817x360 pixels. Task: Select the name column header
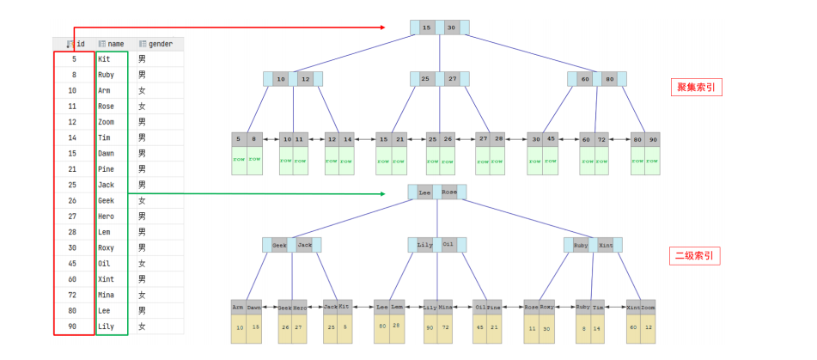coord(115,44)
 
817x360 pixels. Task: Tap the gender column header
coord(160,44)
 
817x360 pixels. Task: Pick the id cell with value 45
coord(73,264)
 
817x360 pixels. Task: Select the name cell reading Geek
coord(107,201)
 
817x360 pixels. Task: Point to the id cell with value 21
coord(73,169)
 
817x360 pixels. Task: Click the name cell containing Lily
coord(107,326)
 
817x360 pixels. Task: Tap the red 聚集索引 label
coord(695,88)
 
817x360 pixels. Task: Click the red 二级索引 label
coord(695,256)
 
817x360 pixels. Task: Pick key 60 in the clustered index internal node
coord(585,79)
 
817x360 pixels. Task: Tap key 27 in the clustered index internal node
coord(451,79)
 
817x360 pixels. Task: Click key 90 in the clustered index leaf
coord(653,138)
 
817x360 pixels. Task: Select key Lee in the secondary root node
coord(424,193)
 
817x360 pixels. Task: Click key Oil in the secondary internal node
coord(448,245)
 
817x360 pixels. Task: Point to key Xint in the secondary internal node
coord(606,245)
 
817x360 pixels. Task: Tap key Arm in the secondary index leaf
coord(238,307)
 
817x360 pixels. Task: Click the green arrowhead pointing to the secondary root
coord(381,194)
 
